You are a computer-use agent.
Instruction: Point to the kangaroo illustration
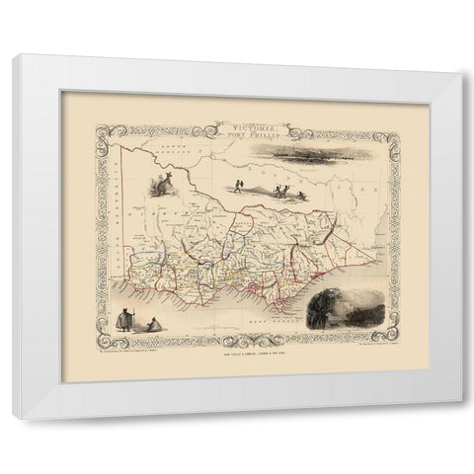tap(160, 185)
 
